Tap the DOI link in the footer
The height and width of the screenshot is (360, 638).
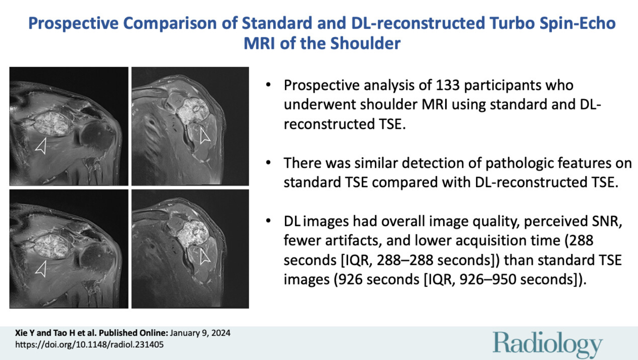tap(90, 345)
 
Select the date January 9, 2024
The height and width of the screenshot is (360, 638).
tap(200, 333)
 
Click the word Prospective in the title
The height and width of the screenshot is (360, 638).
tap(73, 23)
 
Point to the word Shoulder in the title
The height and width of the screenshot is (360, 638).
tap(365, 43)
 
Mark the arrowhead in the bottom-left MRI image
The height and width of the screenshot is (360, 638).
tap(41, 268)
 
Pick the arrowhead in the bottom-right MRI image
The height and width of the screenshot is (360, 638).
tap(204, 257)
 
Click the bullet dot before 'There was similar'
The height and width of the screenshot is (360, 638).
tap(268, 163)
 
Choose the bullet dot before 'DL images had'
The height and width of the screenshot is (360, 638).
tap(268, 221)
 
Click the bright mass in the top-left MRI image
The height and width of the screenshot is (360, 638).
tap(52, 124)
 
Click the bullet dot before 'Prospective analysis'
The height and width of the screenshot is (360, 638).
tap(268, 85)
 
